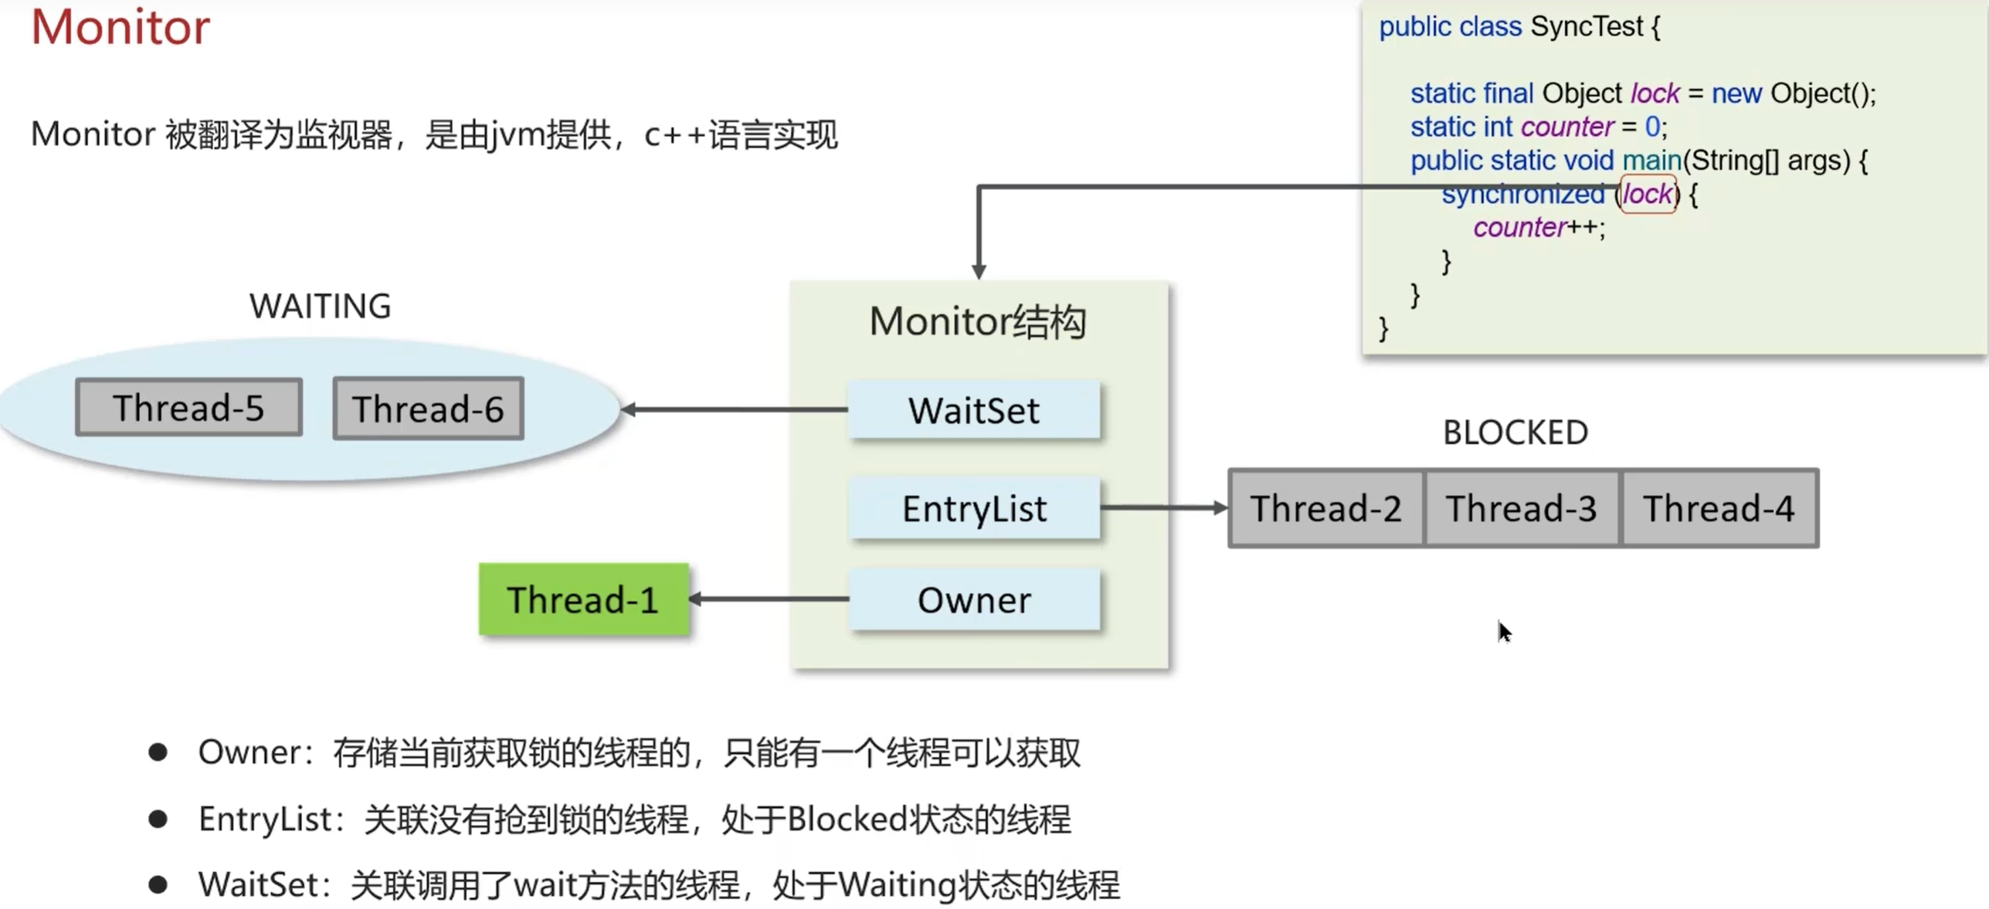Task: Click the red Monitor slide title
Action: pos(120,28)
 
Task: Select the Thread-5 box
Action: pos(188,407)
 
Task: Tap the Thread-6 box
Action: pos(428,409)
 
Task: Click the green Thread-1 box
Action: pos(583,599)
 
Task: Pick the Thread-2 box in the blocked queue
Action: pos(1325,508)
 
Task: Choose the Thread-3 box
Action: pos(1521,508)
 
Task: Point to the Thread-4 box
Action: pos(1719,508)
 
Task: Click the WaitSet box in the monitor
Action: pos(974,410)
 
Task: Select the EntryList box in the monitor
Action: pos(974,508)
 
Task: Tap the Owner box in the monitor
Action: pos(974,599)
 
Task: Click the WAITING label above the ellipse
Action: pos(320,306)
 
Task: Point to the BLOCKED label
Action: pos(1515,432)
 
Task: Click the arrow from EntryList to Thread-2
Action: pos(1163,507)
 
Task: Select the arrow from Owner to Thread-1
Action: pos(769,599)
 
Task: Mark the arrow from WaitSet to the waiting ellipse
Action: pos(734,409)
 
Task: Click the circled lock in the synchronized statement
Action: pos(1647,194)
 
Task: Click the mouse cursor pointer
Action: pos(1504,632)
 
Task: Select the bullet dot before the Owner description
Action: pos(158,752)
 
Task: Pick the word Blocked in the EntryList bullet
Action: pos(847,819)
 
